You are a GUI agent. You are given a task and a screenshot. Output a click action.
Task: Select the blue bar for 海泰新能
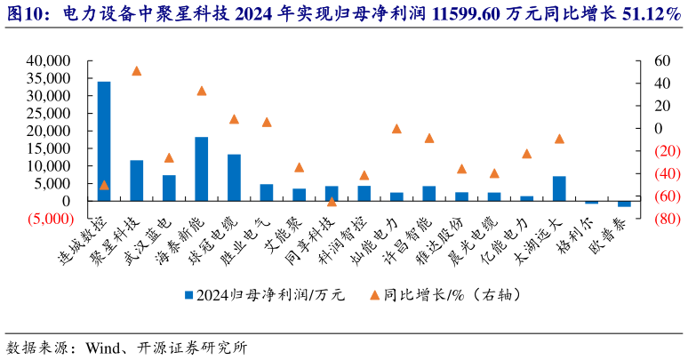[x=202, y=169]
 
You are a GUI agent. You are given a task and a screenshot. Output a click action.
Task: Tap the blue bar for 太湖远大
[x=559, y=188]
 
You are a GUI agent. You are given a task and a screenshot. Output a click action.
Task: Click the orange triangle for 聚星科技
[x=137, y=70]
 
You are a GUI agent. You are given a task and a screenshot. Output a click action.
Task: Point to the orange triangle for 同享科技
[x=332, y=202]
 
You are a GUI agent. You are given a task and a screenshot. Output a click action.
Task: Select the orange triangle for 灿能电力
[x=396, y=129]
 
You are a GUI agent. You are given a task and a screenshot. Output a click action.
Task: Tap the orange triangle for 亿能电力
[x=526, y=154]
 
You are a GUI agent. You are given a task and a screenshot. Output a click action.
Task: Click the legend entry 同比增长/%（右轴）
[x=444, y=294]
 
